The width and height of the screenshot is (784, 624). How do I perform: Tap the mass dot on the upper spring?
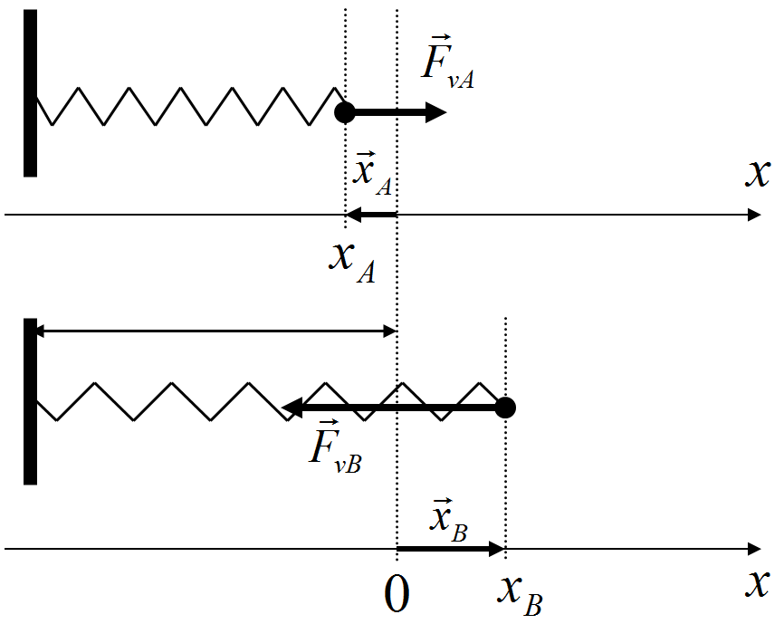coord(344,113)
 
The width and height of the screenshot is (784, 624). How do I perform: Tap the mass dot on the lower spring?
coord(506,408)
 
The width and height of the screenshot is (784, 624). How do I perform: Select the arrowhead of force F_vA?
coord(436,113)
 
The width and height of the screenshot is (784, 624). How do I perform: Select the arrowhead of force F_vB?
coord(292,408)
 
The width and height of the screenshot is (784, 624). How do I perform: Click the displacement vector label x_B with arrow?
coord(448,519)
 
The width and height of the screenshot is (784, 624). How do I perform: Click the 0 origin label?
coord(397,595)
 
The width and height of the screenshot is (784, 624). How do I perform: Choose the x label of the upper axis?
coord(757,172)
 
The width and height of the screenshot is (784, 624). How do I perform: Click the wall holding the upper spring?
coord(30,93)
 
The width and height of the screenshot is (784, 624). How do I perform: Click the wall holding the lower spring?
coord(30,401)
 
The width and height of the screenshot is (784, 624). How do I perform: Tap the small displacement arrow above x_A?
coord(371,215)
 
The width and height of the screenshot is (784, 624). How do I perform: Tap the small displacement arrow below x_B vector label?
coord(450,549)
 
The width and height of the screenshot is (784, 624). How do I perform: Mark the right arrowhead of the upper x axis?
coord(753,215)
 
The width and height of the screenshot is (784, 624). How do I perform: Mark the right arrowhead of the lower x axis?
coord(753,549)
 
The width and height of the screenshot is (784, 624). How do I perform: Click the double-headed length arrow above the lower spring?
coord(217,331)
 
